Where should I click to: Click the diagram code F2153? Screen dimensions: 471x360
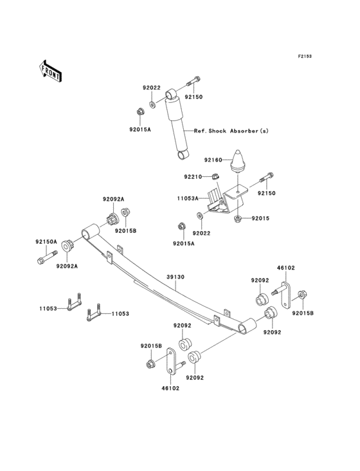(304, 56)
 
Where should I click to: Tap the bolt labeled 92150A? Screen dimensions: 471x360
(49, 261)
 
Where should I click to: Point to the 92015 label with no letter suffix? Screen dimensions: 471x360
(260, 219)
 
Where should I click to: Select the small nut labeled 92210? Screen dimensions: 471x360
(217, 177)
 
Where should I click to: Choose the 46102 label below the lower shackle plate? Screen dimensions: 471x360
(170, 389)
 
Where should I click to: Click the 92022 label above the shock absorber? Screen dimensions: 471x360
(152, 88)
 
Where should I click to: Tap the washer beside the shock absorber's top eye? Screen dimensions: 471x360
(152, 103)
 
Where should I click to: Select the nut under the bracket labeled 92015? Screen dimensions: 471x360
(238, 219)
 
